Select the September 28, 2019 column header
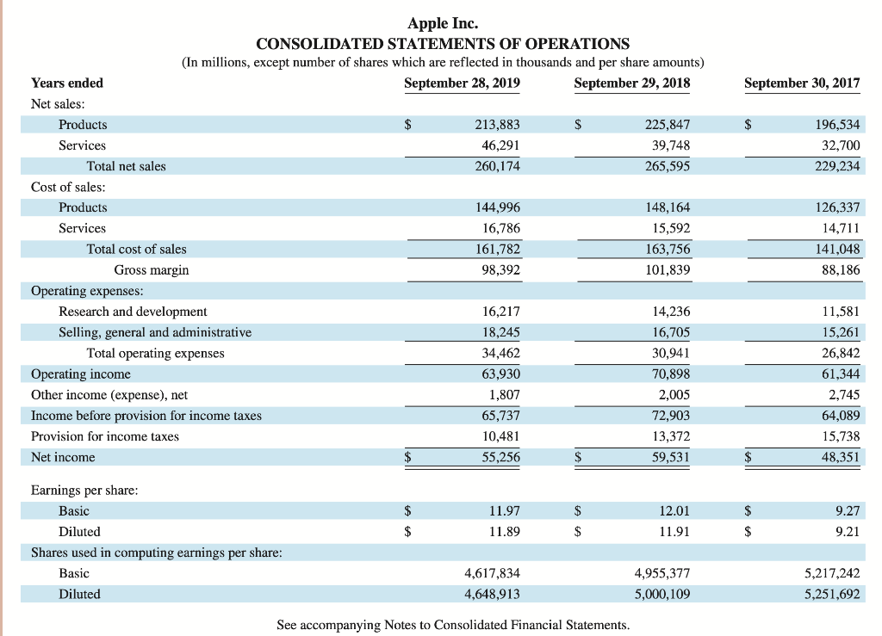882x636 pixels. [462, 83]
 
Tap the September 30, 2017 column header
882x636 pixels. [802, 83]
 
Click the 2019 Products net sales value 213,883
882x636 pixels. [498, 125]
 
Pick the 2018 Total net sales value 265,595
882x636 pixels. [668, 166]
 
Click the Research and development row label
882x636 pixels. [133, 312]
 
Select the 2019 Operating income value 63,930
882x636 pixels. [500, 374]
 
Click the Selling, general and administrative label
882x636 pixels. [155, 332]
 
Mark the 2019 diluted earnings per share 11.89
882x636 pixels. [504, 532]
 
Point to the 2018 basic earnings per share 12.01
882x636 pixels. [674, 511]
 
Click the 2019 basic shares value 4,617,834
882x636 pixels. [492, 573]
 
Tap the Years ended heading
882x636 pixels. [67, 83]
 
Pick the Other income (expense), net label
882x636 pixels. [109, 395]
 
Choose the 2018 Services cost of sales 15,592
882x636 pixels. [668, 228]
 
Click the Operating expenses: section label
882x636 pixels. [87, 291]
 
